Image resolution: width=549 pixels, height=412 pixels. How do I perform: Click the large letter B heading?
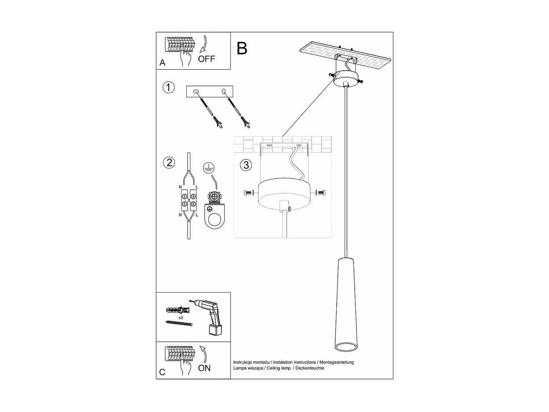point(242,48)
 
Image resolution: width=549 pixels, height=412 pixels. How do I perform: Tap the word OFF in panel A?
point(206,59)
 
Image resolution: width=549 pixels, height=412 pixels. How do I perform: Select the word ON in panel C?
point(204,368)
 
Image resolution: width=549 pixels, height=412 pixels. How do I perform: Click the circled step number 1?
point(168,88)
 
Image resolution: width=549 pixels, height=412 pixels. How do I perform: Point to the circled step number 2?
point(169,162)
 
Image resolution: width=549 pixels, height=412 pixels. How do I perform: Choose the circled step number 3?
point(246,165)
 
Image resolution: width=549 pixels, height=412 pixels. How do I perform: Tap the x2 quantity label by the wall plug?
point(181,318)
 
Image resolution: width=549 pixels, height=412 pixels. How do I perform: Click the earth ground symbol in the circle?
point(208,168)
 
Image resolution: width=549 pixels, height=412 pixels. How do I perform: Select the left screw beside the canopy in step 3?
point(248,192)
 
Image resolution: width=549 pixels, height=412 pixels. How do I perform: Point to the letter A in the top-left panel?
point(163,63)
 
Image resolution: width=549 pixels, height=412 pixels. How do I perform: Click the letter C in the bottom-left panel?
point(163,372)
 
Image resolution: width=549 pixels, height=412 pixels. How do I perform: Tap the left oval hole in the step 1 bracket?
point(197,92)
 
